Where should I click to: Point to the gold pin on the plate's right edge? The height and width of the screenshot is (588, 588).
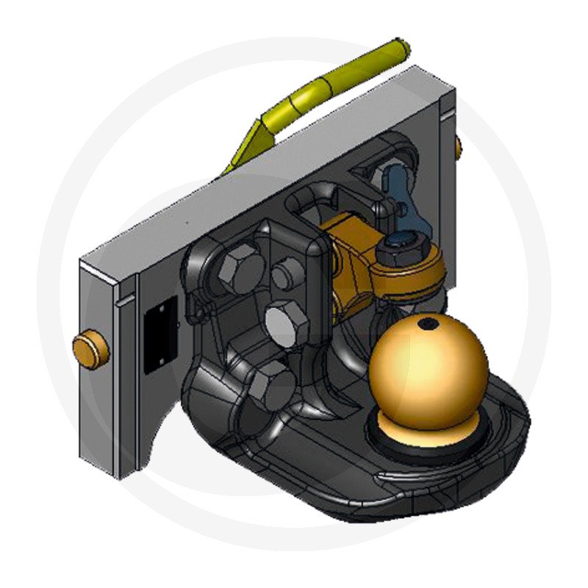(x=459, y=148)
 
